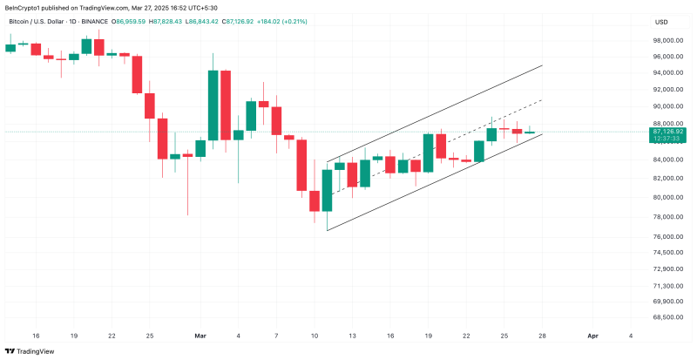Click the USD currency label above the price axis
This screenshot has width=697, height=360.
pyautogui.click(x=661, y=22)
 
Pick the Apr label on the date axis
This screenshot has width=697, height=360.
pyautogui.click(x=593, y=335)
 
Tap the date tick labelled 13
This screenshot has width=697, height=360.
pyautogui.click(x=352, y=335)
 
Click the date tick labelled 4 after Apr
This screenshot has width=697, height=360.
pyautogui.click(x=630, y=335)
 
